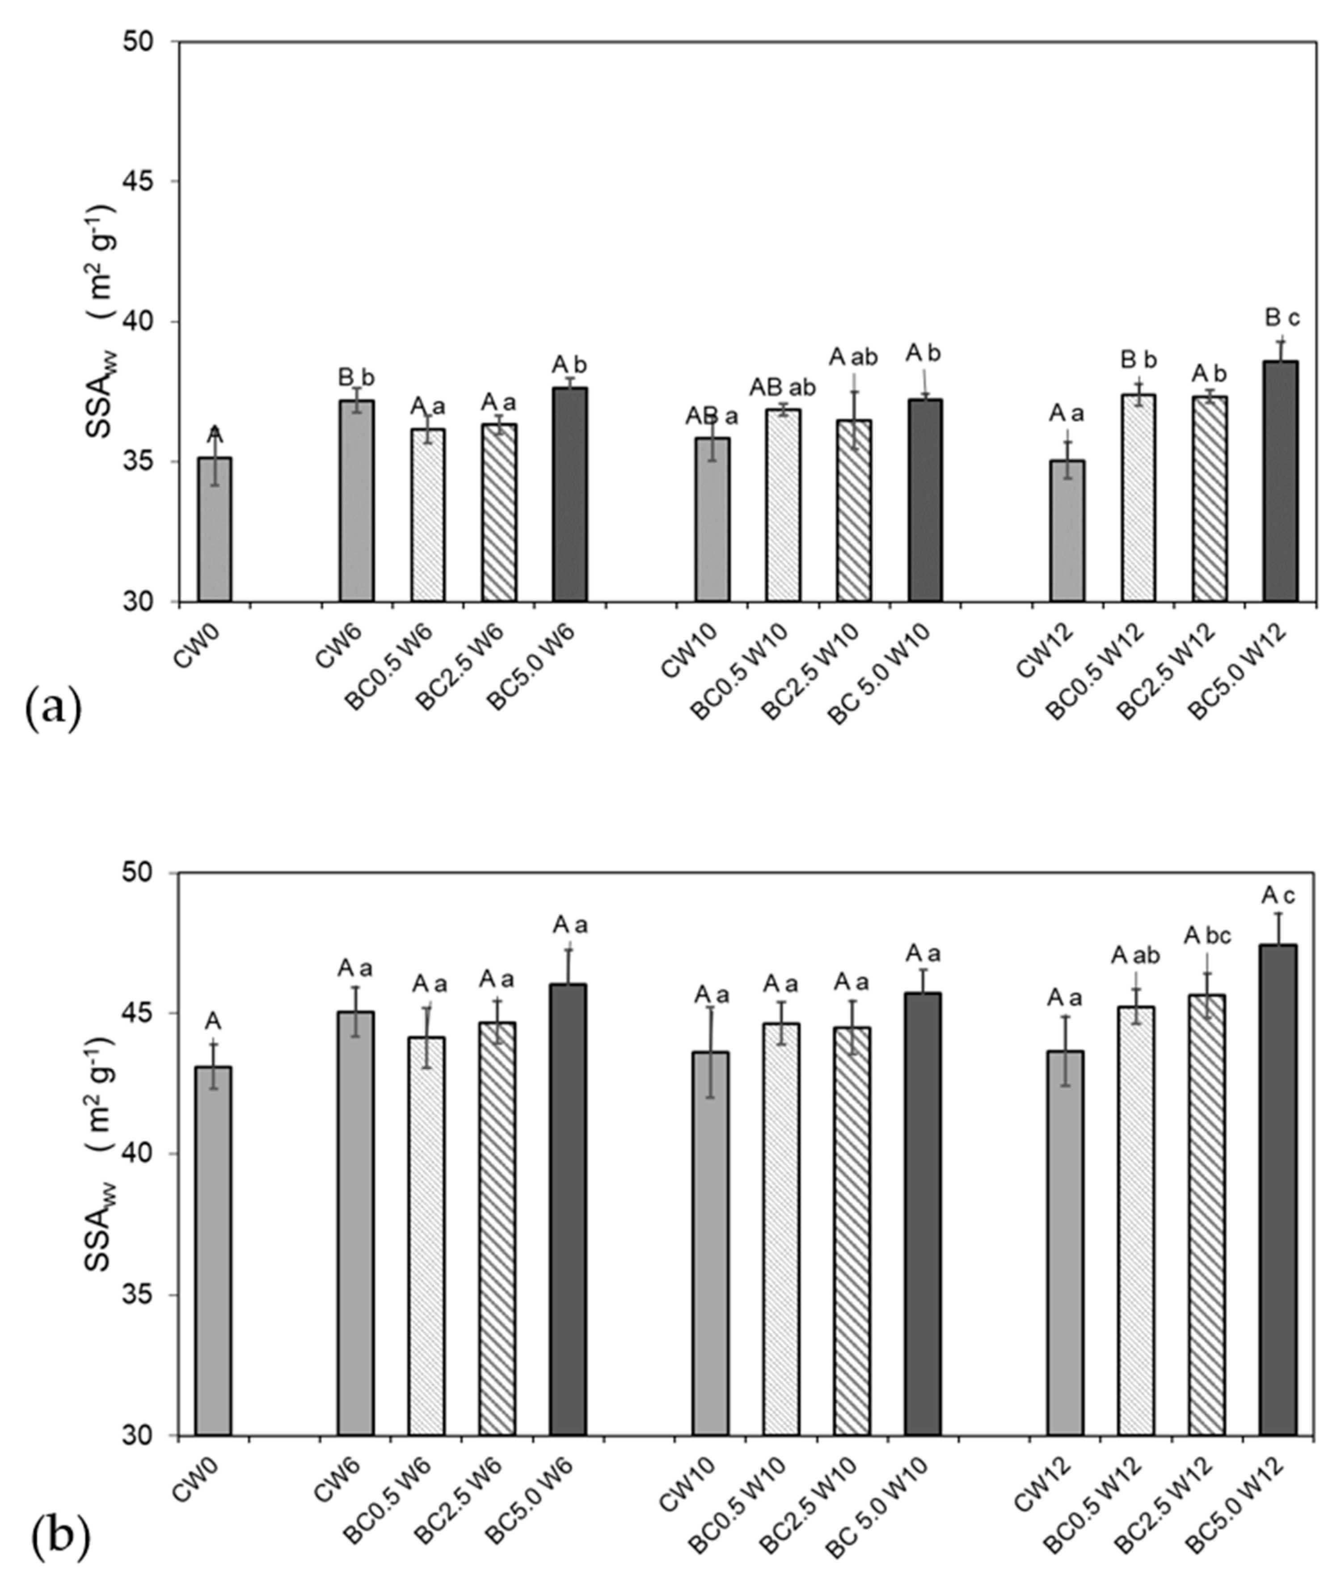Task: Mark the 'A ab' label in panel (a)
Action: pos(853,357)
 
